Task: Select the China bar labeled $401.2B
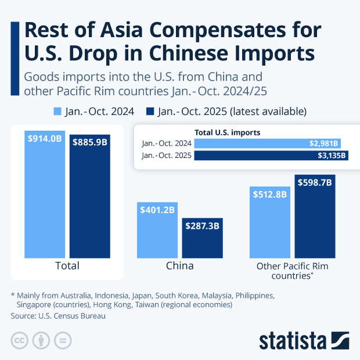tap(157, 232)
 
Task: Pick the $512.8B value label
tap(270, 195)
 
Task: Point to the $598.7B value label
tap(315, 182)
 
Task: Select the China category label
tap(179, 266)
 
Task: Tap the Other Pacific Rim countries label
tap(292, 271)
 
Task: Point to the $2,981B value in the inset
tap(325, 143)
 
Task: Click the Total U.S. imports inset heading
tap(227, 132)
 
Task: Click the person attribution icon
tap(41, 340)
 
